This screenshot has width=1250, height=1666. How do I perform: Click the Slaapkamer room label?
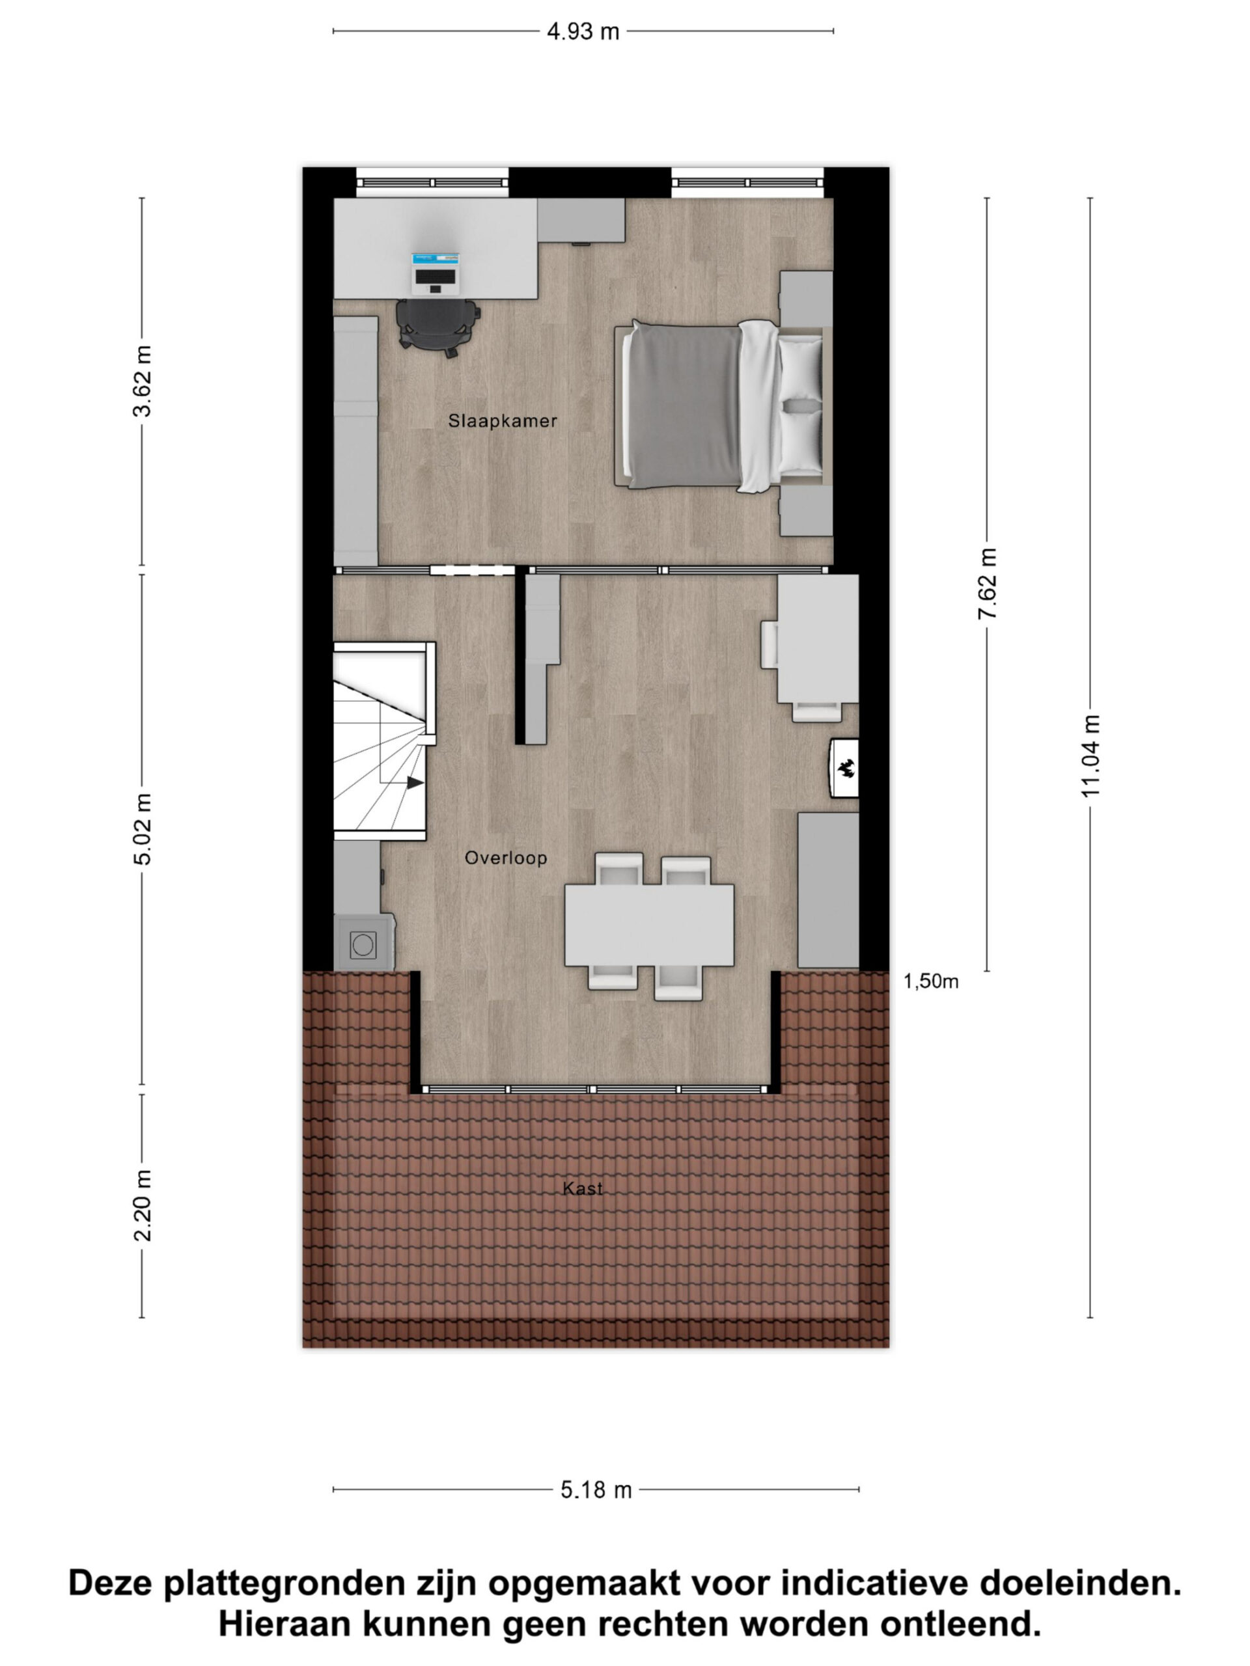pyautogui.click(x=503, y=421)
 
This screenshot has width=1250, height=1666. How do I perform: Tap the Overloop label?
pyautogui.click(x=506, y=858)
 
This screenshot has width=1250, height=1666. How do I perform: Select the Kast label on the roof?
pyautogui.click(x=583, y=1188)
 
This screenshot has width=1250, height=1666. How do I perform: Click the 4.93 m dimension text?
pyautogui.click(x=583, y=32)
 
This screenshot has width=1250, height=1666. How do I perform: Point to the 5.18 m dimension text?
pyautogui.click(x=596, y=1490)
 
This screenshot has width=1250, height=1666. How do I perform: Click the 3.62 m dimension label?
pyautogui.click(x=143, y=381)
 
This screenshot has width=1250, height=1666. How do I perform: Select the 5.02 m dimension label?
pyautogui.click(x=143, y=828)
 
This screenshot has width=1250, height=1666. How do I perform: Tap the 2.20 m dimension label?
pyautogui.click(x=143, y=1206)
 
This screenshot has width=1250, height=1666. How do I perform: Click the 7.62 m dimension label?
pyautogui.click(x=987, y=584)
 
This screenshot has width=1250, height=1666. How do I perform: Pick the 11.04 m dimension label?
pyautogui.click(x=1090, y=756)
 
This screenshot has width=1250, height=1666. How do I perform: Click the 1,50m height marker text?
pyautogui.click(x=930, y=981)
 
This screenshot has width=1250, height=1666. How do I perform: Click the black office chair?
pyautogui.click(x=437, y=327)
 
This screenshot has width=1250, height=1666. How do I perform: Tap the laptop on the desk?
pyautogui.click(x=436, y=273)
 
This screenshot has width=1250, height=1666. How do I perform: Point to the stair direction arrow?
pyautogui.click(x=415, y=784)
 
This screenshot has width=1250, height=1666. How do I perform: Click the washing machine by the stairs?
pyautogui.click(x=364, y=943)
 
